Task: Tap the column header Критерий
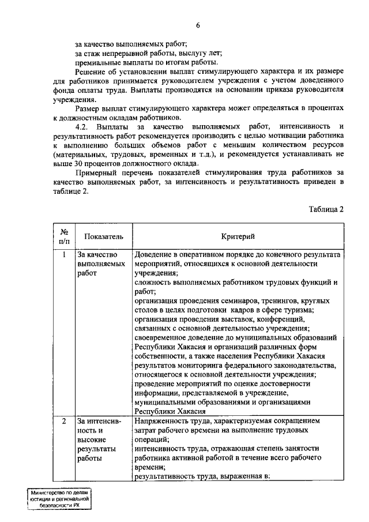(239, 236)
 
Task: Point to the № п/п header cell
(65, 236)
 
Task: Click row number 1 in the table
(65, 254)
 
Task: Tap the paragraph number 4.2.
(84, 126)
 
